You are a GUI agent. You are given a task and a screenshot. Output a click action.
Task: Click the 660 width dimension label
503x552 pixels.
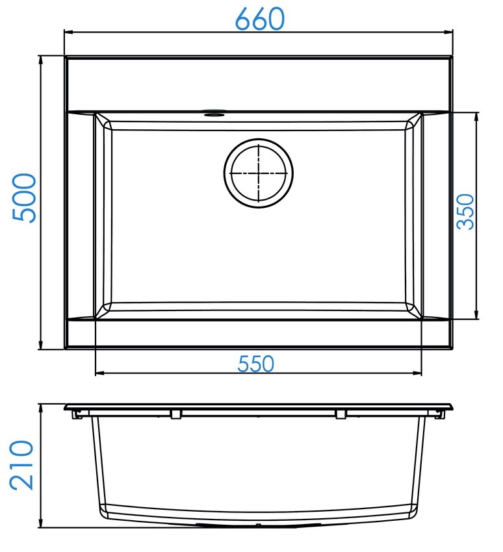(259, 19)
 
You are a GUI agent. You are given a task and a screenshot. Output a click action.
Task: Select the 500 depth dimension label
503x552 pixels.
(24, 198)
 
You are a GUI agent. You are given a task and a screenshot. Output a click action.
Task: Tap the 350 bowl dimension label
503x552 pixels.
(465, 212)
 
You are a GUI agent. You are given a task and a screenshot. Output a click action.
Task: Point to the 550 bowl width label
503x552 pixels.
(256, 364)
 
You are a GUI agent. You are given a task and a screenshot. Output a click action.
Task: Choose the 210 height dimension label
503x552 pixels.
(21, 465)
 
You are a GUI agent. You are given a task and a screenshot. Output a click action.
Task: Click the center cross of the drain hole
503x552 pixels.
(259, 173)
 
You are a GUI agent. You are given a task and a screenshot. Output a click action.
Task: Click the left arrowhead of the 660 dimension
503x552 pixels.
(69, 32)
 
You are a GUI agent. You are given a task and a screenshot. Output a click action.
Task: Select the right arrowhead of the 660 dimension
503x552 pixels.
(448, 32)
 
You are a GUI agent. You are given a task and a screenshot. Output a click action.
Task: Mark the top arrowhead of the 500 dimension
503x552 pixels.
(41, 60)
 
